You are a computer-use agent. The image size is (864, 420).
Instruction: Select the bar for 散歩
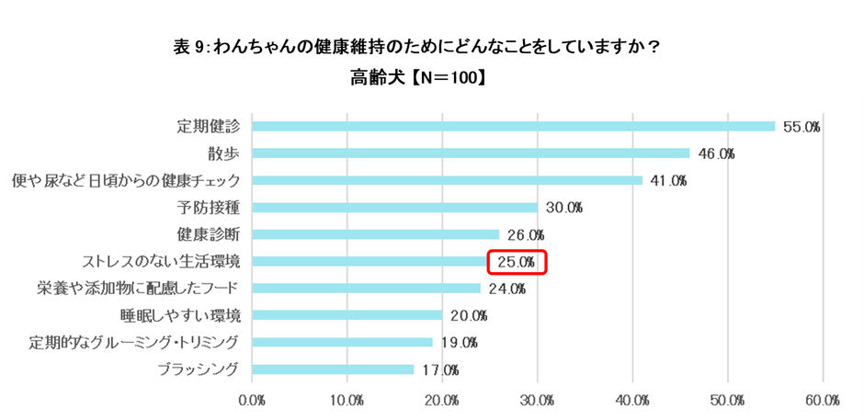[x=471, y=153]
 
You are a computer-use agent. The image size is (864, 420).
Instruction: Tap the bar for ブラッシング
[x=333, y=369]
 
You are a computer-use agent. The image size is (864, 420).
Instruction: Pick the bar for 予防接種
[x=394, y=207]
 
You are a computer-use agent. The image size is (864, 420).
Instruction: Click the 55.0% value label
[x=801, y=127]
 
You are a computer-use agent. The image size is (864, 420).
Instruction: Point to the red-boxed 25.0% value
[x=517, y=262]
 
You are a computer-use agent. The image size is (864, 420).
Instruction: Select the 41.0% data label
[x=668, y=180]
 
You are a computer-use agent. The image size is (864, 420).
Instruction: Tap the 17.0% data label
[x=439, y=370]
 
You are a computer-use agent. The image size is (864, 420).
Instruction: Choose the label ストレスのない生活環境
[x=161, y=261]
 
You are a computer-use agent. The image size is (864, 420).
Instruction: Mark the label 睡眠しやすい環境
[x=180, y=315]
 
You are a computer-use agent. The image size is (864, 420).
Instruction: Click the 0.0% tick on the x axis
[x=252, y=401]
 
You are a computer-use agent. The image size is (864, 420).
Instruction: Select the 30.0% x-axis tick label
[x=538, y=401]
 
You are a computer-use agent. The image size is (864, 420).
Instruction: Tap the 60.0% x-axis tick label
[x=823, y=401]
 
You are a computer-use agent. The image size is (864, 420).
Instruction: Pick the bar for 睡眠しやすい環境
[x=347, y=315]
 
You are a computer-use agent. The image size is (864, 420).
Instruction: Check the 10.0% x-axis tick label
[x=347, y=401]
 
